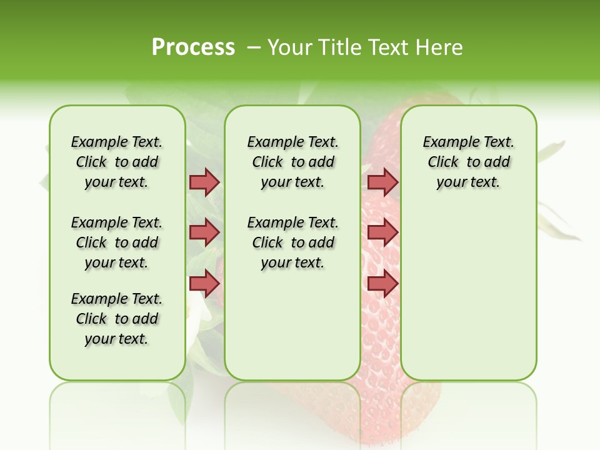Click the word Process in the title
(x=193, y=47)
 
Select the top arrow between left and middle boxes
(x=204, y=182)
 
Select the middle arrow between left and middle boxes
(x=204, y=232)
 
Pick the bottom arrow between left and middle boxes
(x=204, y=283)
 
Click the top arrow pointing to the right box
(x=382, y=182)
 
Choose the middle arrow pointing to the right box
(x=382, y=232)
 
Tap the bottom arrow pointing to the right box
(x=382, y=283)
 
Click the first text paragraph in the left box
(x=117, y=162)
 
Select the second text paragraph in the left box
(x=117, y=242)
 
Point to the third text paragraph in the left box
(x=117, y=319)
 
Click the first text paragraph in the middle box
(x=292, y=162)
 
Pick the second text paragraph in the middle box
(x=292, y=242)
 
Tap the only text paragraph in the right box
(x=468, y=162)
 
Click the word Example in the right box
(x=446, y=142)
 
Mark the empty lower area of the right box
(x=468, y=294)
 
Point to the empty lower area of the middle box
(x=292, y=325)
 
